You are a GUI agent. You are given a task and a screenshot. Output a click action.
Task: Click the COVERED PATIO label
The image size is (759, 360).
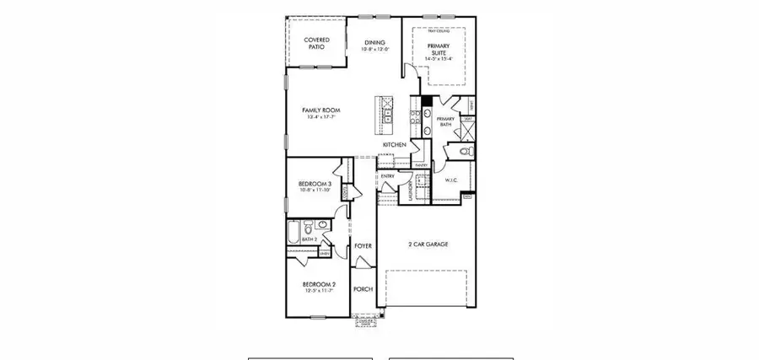[x=316, y=43]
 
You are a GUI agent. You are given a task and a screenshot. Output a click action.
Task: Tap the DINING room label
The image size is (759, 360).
[x=374, y=43]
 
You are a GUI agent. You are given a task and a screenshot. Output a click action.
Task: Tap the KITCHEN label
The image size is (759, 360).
[x=395, y=145]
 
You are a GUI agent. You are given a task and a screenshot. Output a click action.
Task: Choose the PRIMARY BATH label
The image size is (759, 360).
[x=445, y=121]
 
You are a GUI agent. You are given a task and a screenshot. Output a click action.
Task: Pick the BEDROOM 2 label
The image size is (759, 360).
[x=320, y=285]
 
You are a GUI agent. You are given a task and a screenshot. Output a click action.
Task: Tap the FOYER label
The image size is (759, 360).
[x=363, y=247]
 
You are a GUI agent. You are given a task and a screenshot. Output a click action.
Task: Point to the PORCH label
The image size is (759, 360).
[x=363, y=289]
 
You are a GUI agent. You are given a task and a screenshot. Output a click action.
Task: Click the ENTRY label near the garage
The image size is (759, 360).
[x=388, y=176]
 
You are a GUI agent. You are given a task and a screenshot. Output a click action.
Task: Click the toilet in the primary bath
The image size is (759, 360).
[x=466, y=153]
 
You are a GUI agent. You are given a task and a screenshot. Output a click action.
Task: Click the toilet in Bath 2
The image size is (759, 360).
[x=310, y=228]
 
